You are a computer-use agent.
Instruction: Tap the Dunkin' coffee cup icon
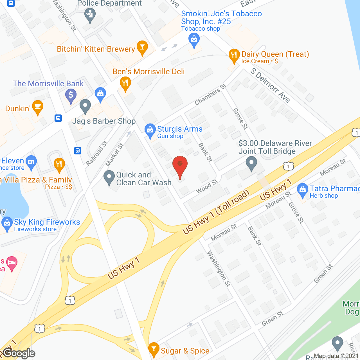(x=38, y=107)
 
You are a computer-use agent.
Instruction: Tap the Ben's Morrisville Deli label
(x=148, y=72)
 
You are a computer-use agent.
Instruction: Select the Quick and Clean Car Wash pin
(x=109, y=177)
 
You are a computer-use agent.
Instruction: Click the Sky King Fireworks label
(x=47, y=222)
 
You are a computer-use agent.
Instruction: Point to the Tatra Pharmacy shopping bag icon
(x=303, y=190)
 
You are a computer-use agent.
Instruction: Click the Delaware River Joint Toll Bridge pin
(x=251, y=163)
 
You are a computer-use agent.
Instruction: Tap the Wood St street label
(x=207, y=186)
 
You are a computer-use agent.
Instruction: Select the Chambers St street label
(x=210, y=94)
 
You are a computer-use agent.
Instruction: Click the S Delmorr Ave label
(x=270, y=85)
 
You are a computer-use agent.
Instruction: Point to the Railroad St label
(x=96, y=153)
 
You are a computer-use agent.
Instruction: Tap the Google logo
(x=19, y=353)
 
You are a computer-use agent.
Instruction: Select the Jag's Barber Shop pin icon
(x=85, y=106)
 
